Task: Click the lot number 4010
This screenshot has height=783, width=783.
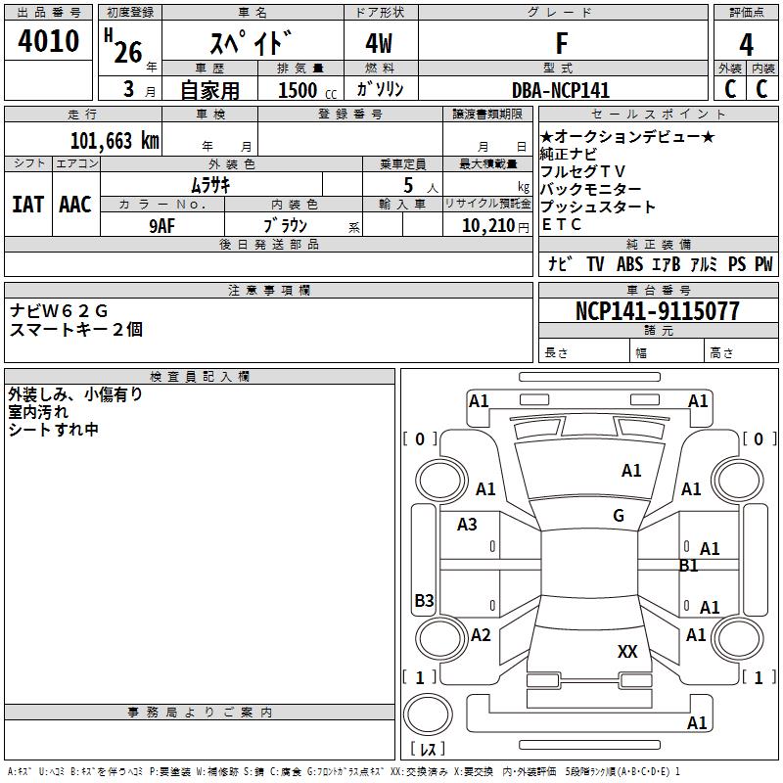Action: click(48, 40)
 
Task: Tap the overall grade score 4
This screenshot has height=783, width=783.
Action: click(746, 44)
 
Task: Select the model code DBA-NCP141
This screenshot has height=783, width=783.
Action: click(561, 90)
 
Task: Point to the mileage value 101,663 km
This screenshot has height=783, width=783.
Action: click(115, 140)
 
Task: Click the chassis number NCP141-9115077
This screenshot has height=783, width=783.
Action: click(657, 310)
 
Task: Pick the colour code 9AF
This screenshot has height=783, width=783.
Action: click(162, 226)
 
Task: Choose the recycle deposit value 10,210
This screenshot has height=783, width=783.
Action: click(488, 226)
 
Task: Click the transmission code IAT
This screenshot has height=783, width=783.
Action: click(28, 205)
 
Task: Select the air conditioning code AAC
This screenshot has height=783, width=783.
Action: click(75, 205)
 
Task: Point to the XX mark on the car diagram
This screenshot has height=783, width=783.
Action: click(627, 651)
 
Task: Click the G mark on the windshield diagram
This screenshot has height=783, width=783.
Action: click(619, 515)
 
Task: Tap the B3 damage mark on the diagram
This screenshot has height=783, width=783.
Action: click(425, 600)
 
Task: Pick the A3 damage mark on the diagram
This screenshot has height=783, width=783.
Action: click(467, 525)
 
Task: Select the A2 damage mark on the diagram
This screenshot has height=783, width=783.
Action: click(481, 634)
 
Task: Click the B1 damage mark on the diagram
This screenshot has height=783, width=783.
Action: click(689, 566)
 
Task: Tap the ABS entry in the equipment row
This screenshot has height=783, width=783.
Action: click(629, 263)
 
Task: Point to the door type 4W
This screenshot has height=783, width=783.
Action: click(379, 43)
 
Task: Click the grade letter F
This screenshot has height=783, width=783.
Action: click(562, 43)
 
